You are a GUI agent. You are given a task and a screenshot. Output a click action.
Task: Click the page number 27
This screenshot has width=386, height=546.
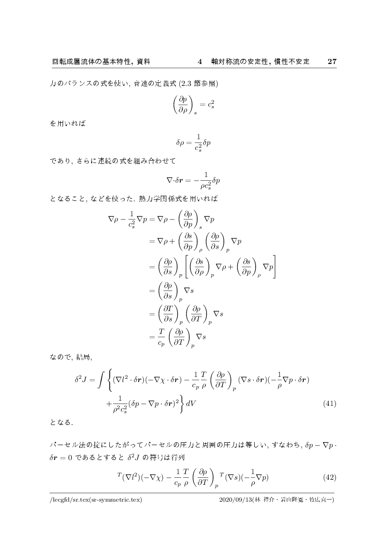tap(332, 62)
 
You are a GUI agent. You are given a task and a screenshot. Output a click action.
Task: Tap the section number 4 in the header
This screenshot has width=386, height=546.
tap(200, 62)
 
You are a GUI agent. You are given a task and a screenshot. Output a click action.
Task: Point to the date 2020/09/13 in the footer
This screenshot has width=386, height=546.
tap(235, 500)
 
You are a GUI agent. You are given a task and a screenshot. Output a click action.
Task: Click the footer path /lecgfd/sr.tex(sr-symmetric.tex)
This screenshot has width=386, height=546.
tap(95, 500)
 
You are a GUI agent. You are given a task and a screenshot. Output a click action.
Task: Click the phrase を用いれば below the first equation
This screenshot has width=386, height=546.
tap(67, 126)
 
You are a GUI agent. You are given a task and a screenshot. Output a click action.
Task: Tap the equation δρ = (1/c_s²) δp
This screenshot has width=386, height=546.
tap(193, 143)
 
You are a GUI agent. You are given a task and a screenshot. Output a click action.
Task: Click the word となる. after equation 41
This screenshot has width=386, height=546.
tap(62, 423)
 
